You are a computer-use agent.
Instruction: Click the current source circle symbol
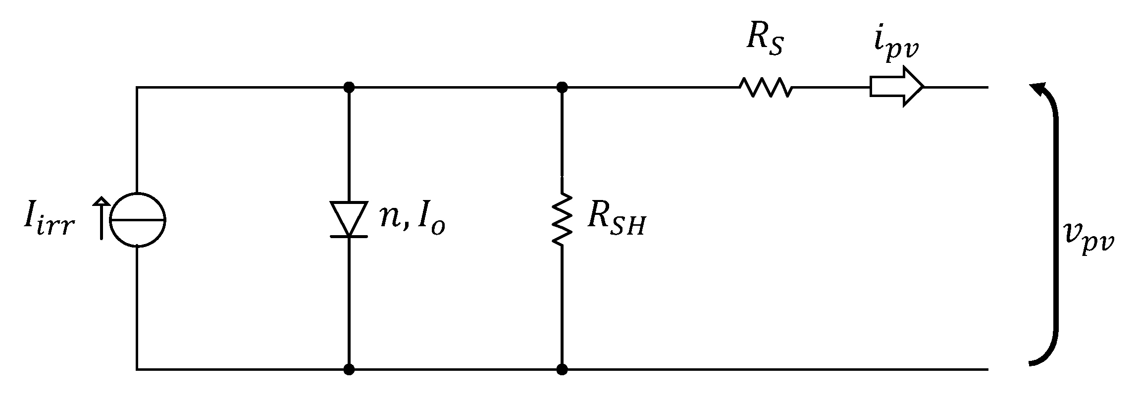click(x=137, y=220)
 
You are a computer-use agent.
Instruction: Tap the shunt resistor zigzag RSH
click(x=562, y=219)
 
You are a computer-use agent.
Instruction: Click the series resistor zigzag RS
click(x=766, y=87)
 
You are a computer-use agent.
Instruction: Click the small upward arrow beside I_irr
click(x=102, y=218)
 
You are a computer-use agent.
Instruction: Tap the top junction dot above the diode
click(x=349, y=88)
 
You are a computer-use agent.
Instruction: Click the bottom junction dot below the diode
click(x=349, y=369)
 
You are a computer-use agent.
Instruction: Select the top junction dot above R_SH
click(x=562, y=88)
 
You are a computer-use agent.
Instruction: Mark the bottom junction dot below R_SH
click(x=562, y=369)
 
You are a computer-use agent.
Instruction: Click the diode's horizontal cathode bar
click(x=349, y=237)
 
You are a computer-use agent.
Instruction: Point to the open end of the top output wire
click(x=987, y=88)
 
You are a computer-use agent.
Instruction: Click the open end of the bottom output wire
click(x=987, y=369)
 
